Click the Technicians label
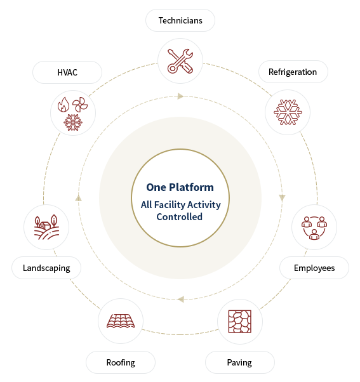point(180,20)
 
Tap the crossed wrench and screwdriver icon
point(180,61)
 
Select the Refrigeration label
point(293,72)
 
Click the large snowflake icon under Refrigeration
point(288,112)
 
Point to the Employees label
point(314,268)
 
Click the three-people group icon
point(314,228)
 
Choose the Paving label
point(239,362)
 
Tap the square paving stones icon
point(240,322)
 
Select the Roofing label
point(121,362)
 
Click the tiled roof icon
point(121,321)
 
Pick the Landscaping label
point(46,268)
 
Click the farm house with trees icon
point(46,227)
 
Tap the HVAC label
point(67,72)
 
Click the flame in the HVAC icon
point(63,105)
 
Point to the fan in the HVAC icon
point(80,105)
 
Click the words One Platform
point(180,187)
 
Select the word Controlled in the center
point(180,217)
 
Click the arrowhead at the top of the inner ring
point(180,96)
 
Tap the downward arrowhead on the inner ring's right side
point(282,198)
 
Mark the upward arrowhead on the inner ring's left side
point(79,198)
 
